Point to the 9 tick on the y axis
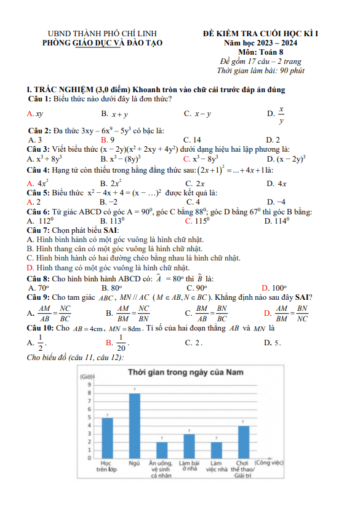(89, 384)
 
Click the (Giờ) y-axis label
(87, 376)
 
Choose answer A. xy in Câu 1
(35, 114)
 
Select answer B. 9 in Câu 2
(108, 139)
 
